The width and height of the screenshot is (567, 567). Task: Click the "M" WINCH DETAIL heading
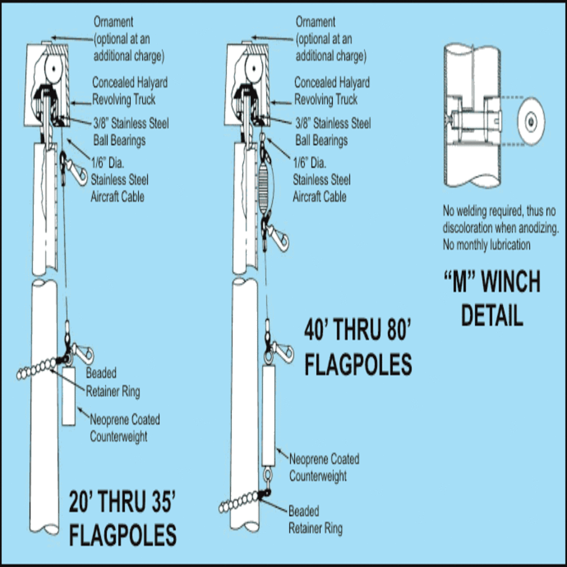(x=492, y=298)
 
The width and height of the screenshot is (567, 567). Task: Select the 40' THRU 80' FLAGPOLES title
(x=358, y=348)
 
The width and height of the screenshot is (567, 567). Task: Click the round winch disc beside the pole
(x=531, y=120)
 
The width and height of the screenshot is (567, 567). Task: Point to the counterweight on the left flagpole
(x=69, y=396)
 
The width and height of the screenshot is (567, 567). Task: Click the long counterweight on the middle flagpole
(x=268, y=415)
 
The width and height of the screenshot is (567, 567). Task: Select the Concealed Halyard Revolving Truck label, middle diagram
(x=332, y=91)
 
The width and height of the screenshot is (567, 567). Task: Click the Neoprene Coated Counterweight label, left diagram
(x=124, y=428)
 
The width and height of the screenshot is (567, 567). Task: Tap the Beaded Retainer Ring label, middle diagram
(x=315, y=520)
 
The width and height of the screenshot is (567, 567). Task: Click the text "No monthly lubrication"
(x=486, y=245)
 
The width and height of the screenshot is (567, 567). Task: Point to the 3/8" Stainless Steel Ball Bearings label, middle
(x=333, y=132)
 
